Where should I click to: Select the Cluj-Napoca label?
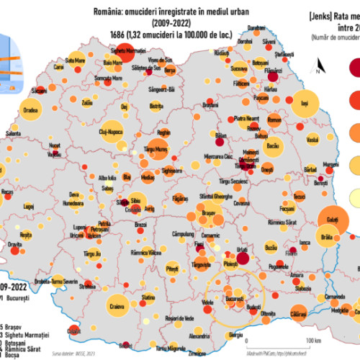click(x=92, y=133)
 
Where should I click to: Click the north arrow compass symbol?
click(x=317, y=68)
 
